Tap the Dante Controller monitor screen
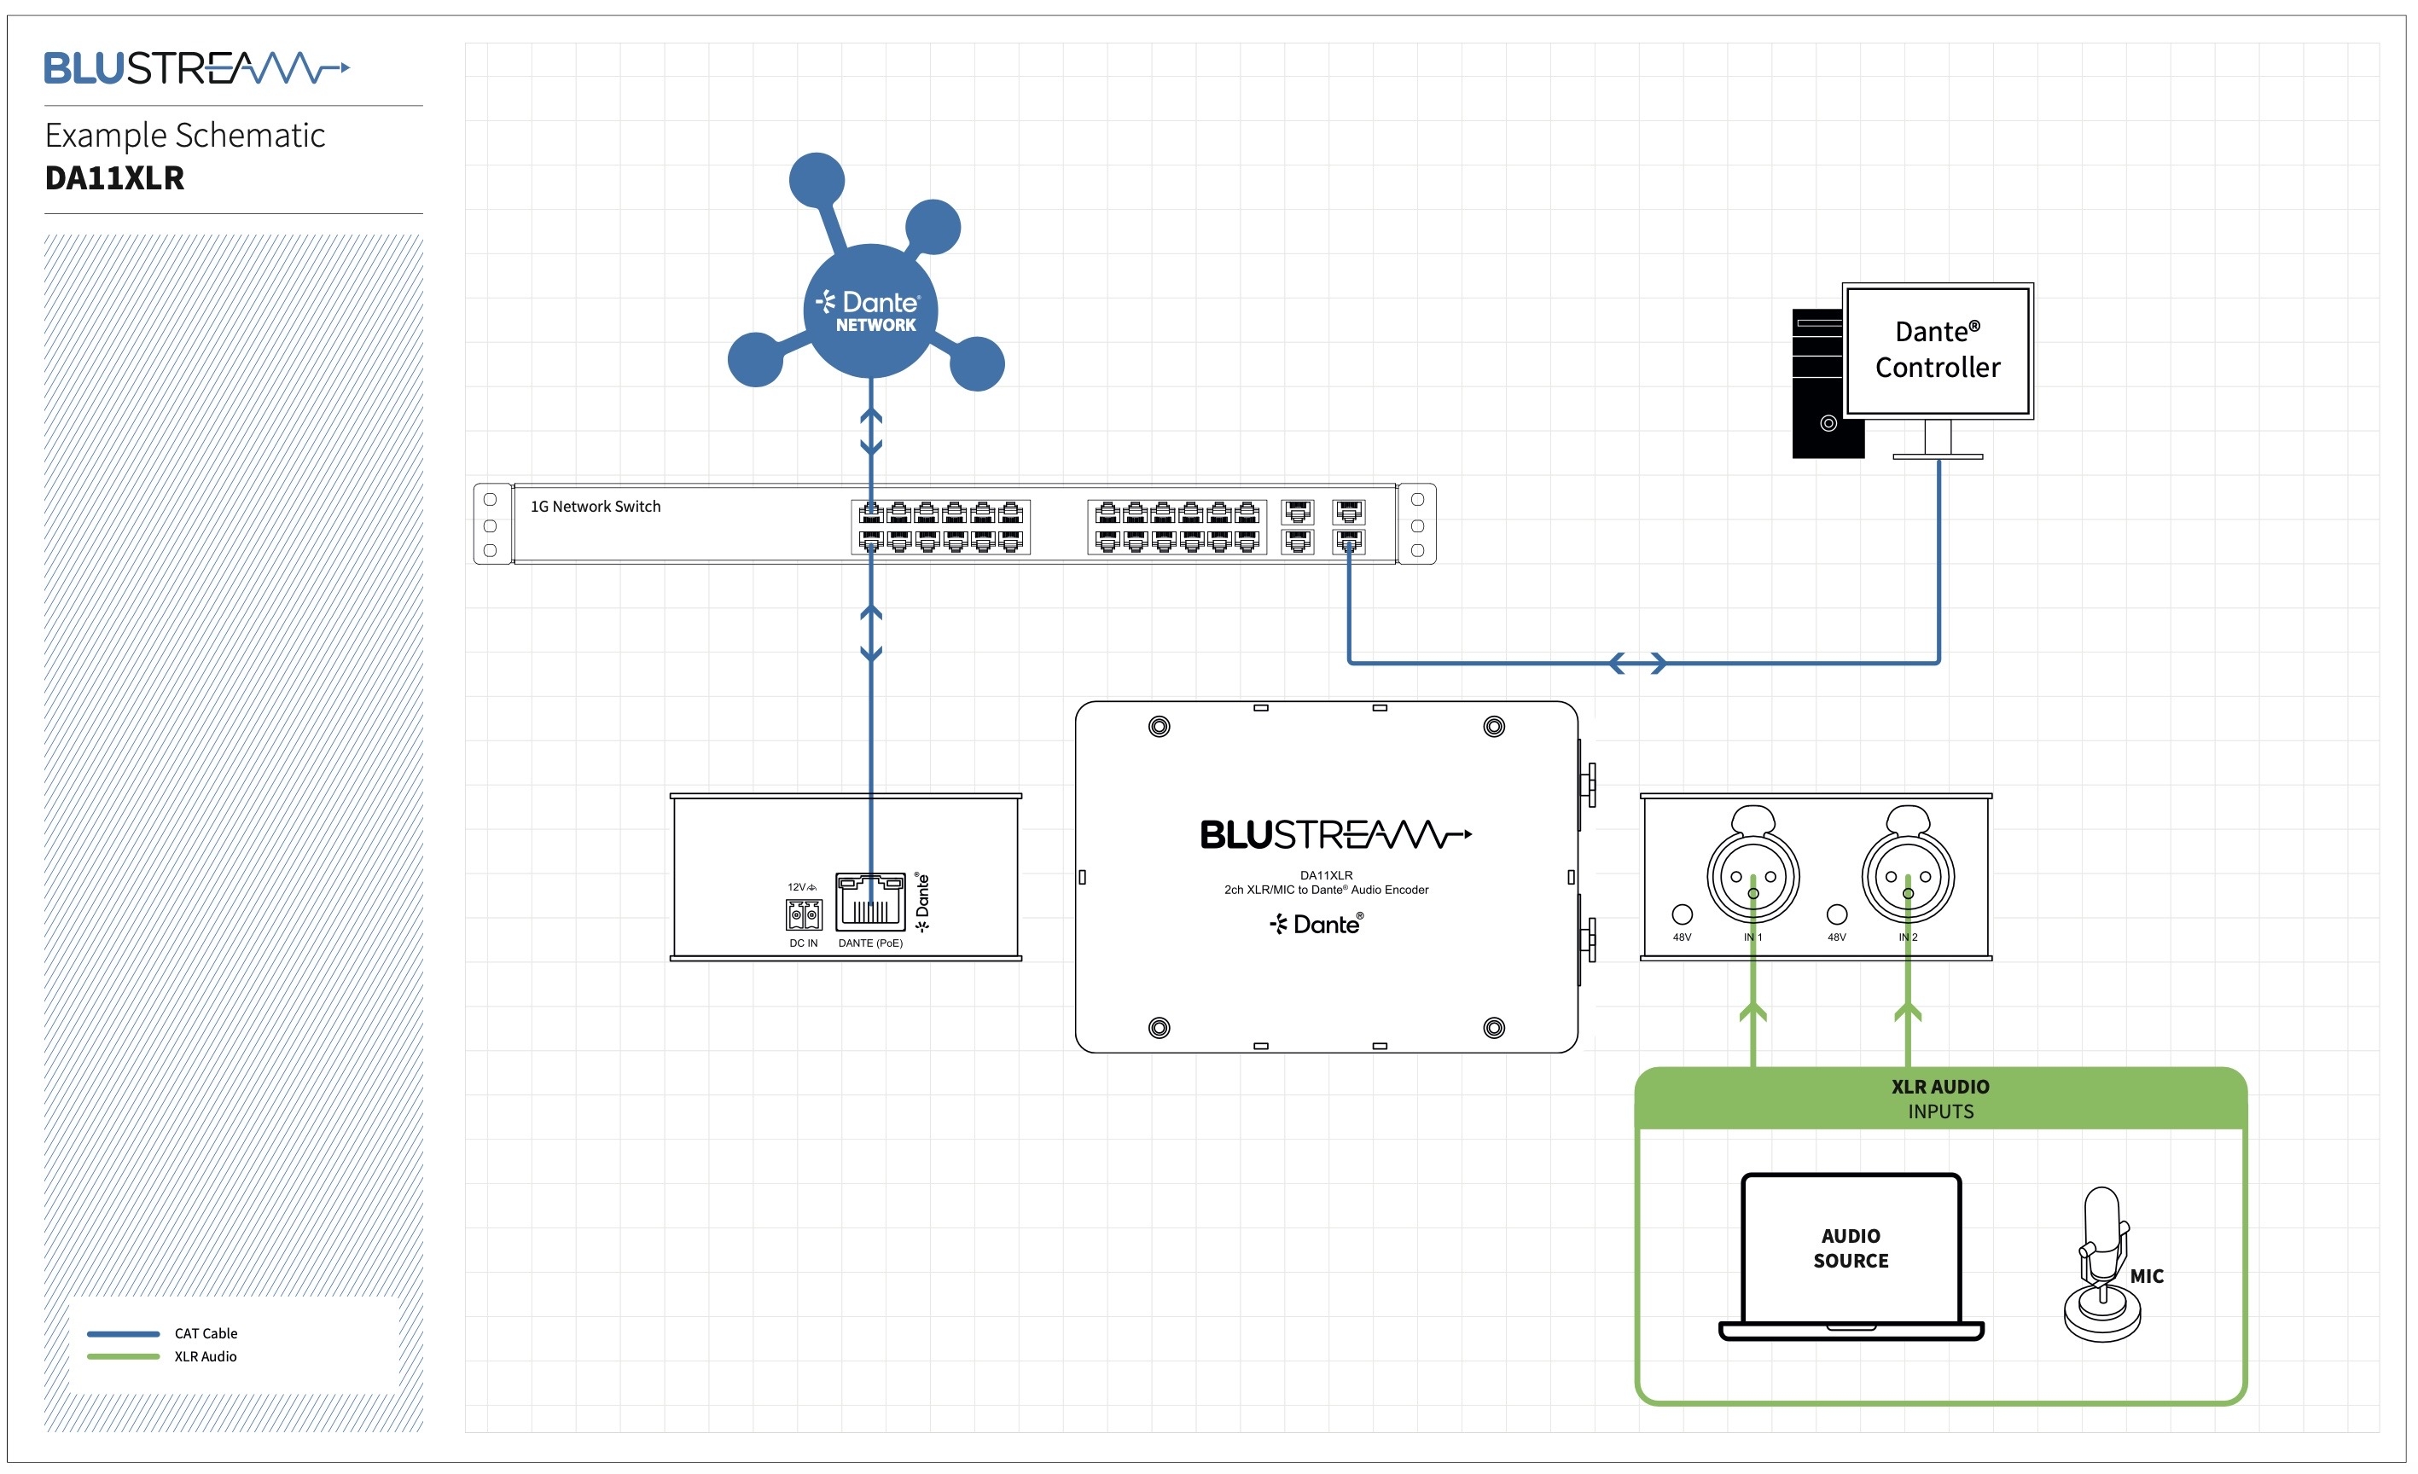point(1937,351)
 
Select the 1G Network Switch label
point(596,507)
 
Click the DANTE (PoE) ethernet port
point(870,902)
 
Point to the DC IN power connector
point(804,914)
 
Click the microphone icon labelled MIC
point(2102,1266)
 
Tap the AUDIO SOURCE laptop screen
point(1851,1248)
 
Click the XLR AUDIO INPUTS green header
point(1940,1098)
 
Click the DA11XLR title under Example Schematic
point(115,177)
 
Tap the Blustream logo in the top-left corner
point(196,69)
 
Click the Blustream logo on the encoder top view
point(1335,835)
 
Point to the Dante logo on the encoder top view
point(1317,925)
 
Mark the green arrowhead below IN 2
point(1908,1012)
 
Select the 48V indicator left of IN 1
point(1682,914)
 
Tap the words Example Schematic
point(184,135)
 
